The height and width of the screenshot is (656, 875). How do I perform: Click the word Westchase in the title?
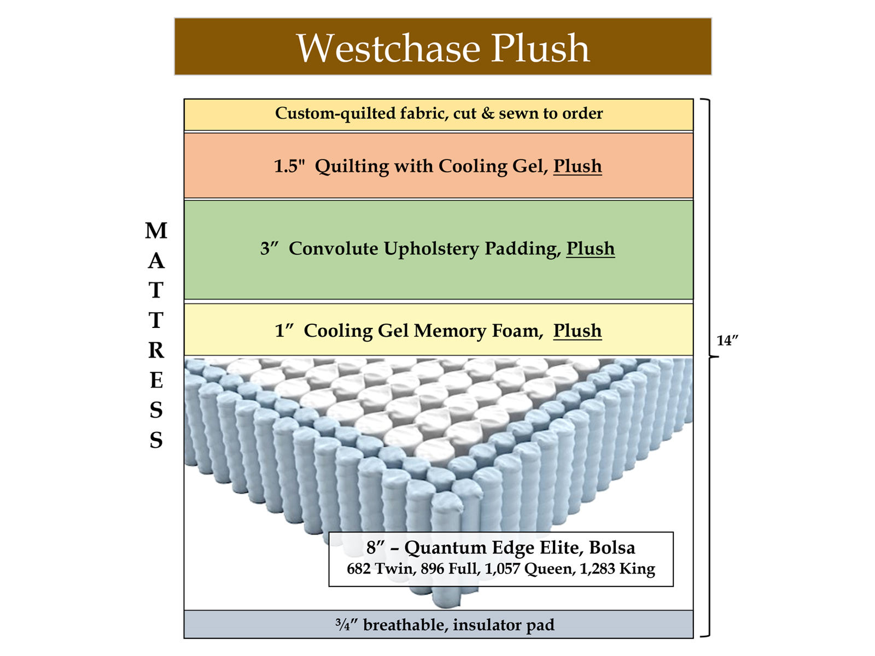tap(388, 48)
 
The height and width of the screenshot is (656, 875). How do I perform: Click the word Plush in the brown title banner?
tap(540, 48)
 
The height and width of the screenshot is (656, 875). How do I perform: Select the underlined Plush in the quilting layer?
tap(577, 166)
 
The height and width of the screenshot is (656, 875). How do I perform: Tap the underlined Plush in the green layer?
tap(590, 249)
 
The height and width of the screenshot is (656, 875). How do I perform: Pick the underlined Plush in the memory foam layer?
tap(577, 331)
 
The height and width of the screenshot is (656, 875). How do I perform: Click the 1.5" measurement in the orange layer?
tap(289, 166)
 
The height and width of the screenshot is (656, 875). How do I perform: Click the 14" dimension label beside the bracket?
tap(727, 341)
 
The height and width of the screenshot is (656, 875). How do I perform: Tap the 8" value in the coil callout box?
tap(376, 547)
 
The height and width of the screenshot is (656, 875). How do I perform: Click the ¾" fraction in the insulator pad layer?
tap(346, 625)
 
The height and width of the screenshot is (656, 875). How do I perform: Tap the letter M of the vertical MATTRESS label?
tap(156, 231)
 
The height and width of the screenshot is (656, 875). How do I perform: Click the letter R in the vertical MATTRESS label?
tap(156, 350)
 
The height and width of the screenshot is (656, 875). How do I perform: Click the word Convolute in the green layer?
tap(333, 249)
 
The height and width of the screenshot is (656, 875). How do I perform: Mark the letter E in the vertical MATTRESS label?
tap(156, 380)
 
